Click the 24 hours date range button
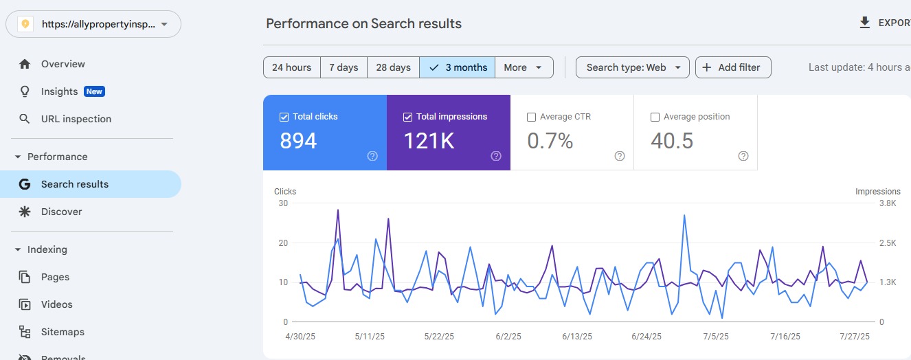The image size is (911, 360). pos(291,67)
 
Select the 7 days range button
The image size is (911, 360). pos(344,67)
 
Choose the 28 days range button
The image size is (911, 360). pos(393,67)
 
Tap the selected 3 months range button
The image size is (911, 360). pos(458,67)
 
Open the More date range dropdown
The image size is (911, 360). pos(524,67)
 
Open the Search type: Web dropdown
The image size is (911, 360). pos(633,67)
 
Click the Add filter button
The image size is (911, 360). pos(733,67)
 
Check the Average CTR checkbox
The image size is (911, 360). pos(531,117)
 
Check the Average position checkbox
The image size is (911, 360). pos(655,117)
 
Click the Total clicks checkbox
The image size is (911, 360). pos(284,117)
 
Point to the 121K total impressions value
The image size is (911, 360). pos(429,141)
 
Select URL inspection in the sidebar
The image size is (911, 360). pos(76,119)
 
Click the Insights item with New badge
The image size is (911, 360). pos(60,91)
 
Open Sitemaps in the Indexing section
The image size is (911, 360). pos(63,332)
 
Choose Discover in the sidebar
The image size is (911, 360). pos(61,212)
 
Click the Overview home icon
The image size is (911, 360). pos(25,64)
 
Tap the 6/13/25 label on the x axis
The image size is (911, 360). pos(576,337)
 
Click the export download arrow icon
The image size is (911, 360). pos(865,23)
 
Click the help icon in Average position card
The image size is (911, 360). pos(743,156)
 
